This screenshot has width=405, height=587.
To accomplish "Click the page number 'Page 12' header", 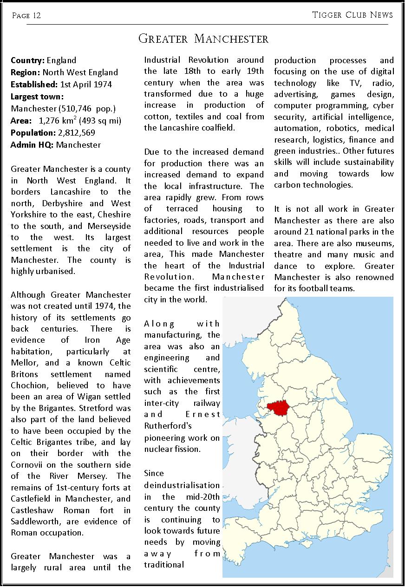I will click(26, 16).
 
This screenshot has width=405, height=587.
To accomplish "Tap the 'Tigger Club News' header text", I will click(353, 15).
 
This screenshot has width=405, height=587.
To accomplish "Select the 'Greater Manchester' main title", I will click(203, 39).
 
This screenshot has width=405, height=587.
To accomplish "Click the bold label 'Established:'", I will click(34, 85).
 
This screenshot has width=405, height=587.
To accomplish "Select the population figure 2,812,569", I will click(77, 133).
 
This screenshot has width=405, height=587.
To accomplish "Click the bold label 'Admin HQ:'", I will click(32, 145).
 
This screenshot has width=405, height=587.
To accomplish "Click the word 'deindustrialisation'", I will click(182, 485).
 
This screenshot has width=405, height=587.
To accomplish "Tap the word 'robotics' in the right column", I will click(343, 128).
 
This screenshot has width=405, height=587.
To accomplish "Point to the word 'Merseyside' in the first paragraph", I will click(108, 226).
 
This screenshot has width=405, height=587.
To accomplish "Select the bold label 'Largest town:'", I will click(37, 97).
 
